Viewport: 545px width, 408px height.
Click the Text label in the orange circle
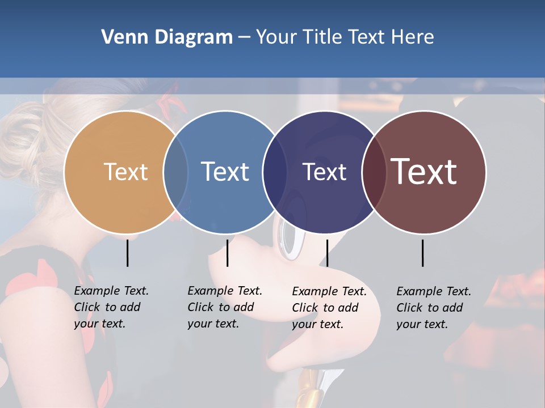click(125, 172)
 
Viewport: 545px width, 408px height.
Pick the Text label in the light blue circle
click(225, 172)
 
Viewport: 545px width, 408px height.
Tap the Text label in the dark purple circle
click(324, 172)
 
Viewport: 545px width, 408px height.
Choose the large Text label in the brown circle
click(424, 172)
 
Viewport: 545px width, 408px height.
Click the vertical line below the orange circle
click(127, 253)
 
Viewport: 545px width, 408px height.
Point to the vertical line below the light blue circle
click(227, 253)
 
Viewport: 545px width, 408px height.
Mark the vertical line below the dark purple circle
click(327, 253)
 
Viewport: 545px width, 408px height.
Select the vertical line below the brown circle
click(422, 253)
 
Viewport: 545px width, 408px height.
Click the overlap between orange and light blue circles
click(175, 172)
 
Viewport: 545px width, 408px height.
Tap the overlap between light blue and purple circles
click(275, 172)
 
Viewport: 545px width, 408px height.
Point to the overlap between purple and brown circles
click(374, 172)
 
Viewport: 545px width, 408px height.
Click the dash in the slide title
click(244, 37)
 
